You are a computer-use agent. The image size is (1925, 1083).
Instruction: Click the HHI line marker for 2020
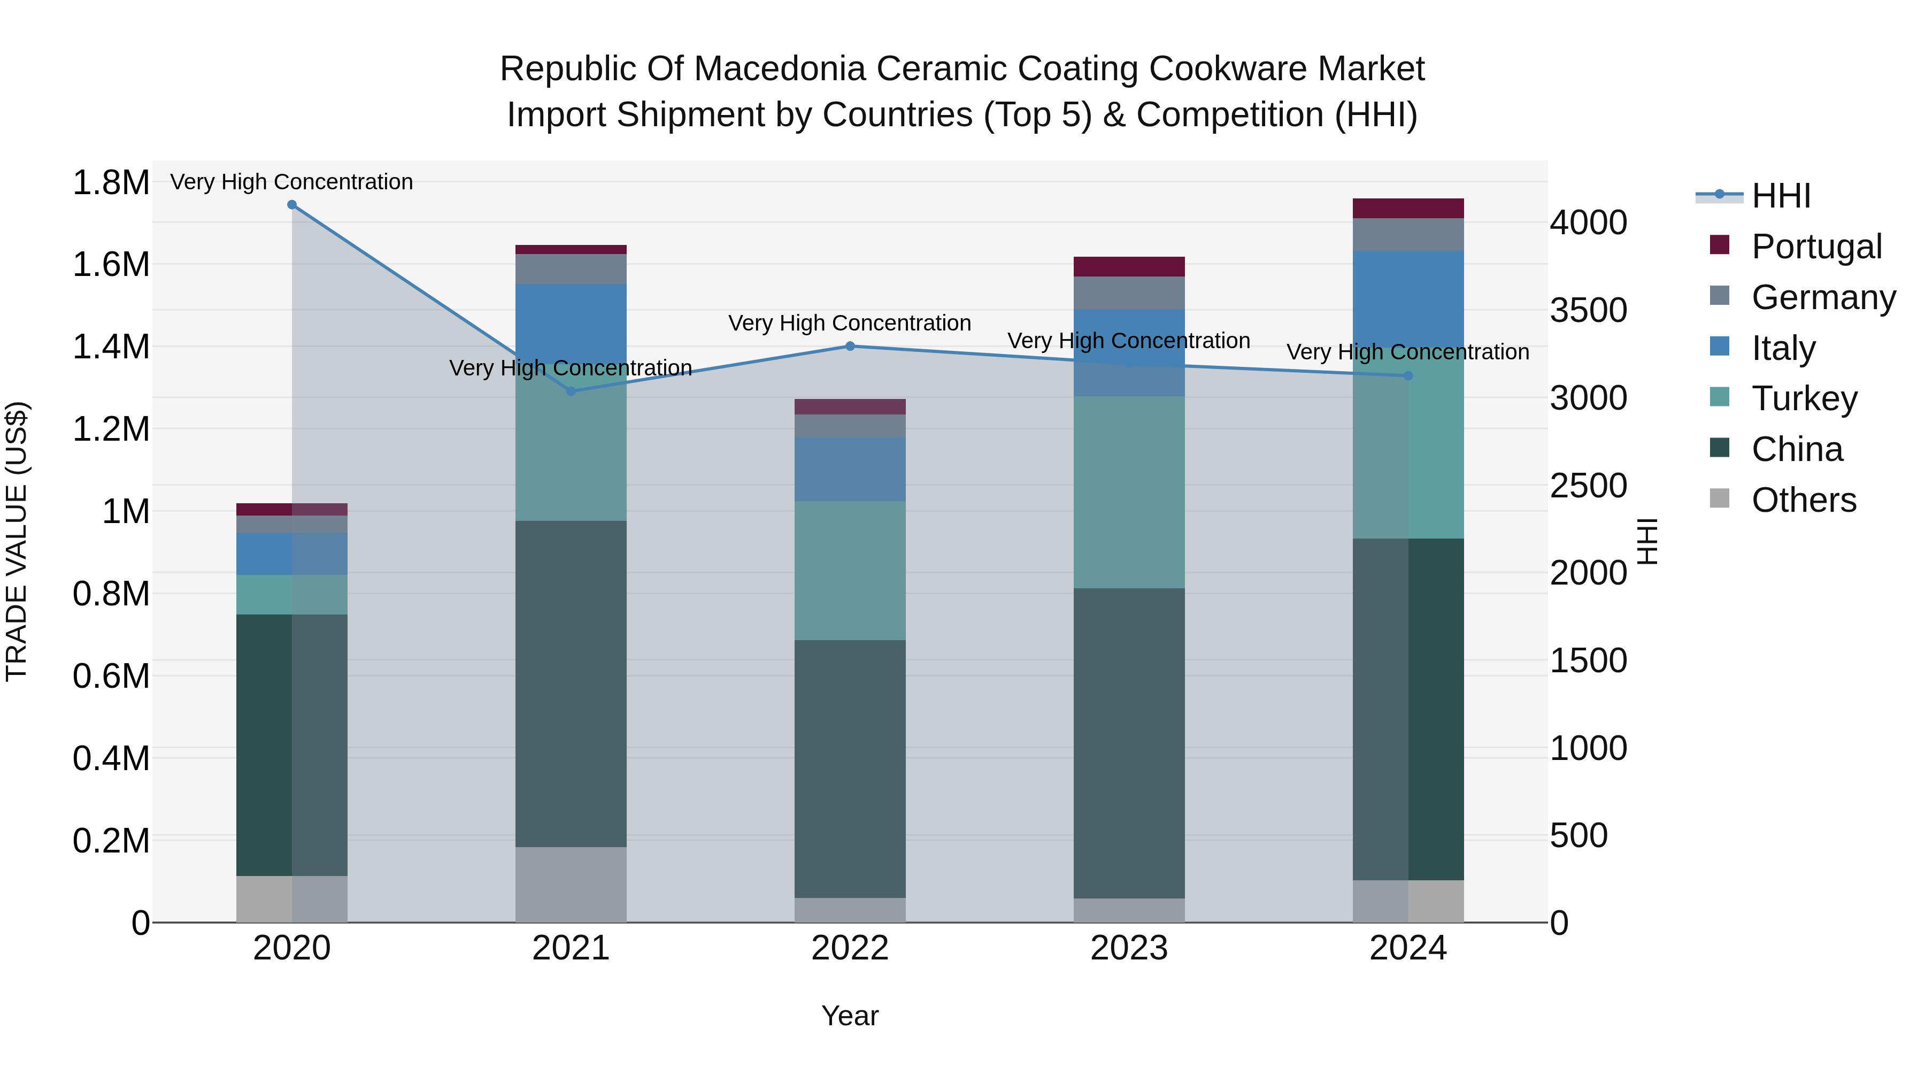pyautogui.click(x=292, y=205)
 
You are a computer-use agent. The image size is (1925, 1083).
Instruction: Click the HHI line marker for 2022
pyautogui.click(x=850, y=346)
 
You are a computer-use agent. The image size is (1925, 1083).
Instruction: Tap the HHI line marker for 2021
pyautogui.click(x=571, y=391)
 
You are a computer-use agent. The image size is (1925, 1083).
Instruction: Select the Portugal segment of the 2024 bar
pyautogui.click(x=1408, y=209)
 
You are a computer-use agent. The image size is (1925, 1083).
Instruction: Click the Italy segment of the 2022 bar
pyautogui.click(x=850, y=468)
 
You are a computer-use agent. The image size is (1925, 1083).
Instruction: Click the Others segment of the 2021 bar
pyautogui.click(x=571, y=884)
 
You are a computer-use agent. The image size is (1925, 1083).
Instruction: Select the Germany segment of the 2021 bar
pyautogui.click(x=571, y=269)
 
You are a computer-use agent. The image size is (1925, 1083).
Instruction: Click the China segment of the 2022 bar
pyautogui.click(x=850, y=769)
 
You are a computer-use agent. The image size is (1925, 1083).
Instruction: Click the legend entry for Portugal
pyautogui.click(x=1816, y=246)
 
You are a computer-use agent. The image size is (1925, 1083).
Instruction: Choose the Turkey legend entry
pyautogui.click(x=1804, y=398)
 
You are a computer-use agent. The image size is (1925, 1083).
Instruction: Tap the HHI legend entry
pyautogui.click(x=1780, y=196)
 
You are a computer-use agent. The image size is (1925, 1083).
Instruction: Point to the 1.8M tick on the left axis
pyautogui.click(x=111, y=182)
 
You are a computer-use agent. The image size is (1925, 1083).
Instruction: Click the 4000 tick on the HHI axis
pyautogui.click(x=1588, y=222)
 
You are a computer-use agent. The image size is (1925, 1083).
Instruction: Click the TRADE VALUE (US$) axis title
pyautogui.click(x=17, y=541)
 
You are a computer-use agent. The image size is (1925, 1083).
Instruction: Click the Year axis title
pyautogui.click(x=850, y=1016)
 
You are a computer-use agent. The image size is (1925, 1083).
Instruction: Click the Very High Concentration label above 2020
pyautogui.click(x=291, y=182)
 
